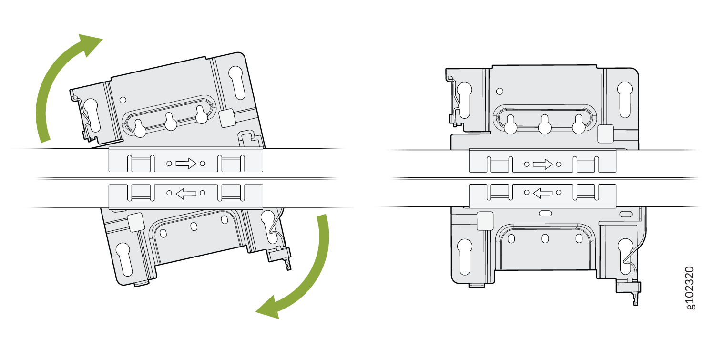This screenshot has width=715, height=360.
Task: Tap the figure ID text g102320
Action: click(x=690, y=288)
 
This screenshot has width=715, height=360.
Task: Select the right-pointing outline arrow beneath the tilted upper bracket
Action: click(x=186, y=164)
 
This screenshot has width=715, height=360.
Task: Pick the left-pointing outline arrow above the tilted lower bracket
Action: click(x=186, y=193)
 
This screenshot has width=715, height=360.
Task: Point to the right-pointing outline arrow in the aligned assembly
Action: click(x=542, y=164)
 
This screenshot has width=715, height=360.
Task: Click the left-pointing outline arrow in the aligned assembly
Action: click(x=542, y=193)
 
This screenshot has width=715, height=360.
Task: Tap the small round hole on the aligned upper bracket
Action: click(x=500, y=92)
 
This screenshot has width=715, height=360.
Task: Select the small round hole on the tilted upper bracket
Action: click(x=123, y=100)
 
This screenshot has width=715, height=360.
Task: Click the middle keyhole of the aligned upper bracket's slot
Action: click(x=544, y=124)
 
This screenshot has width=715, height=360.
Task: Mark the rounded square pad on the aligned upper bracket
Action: click(x=605, y=134)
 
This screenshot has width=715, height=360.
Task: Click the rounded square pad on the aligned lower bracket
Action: click(x=485, y=221)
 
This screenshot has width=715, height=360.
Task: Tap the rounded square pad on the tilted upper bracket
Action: click(x=227, y=118)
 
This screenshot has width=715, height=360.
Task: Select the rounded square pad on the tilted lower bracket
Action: click(x=136, y=222)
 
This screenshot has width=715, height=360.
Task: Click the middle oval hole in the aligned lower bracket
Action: click(x=545, y=238)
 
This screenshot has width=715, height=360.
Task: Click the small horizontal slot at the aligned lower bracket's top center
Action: click(x=545, y=214)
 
